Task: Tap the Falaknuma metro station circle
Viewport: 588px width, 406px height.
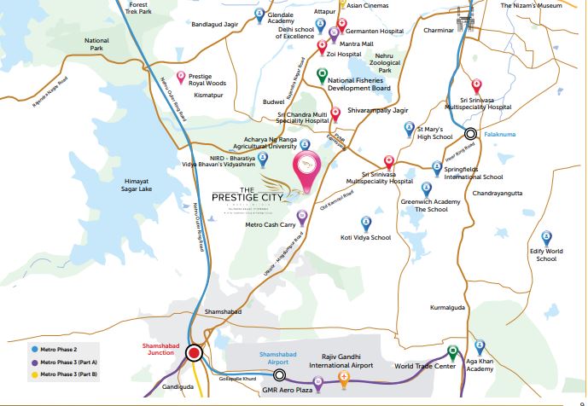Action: point(470,133)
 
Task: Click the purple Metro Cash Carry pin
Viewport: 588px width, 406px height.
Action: point(301,216)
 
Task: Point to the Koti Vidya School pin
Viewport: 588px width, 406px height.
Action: point(366,223)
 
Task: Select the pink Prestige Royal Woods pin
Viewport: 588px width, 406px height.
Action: point(179,78)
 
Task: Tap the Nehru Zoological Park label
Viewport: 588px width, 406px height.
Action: point(397,64)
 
